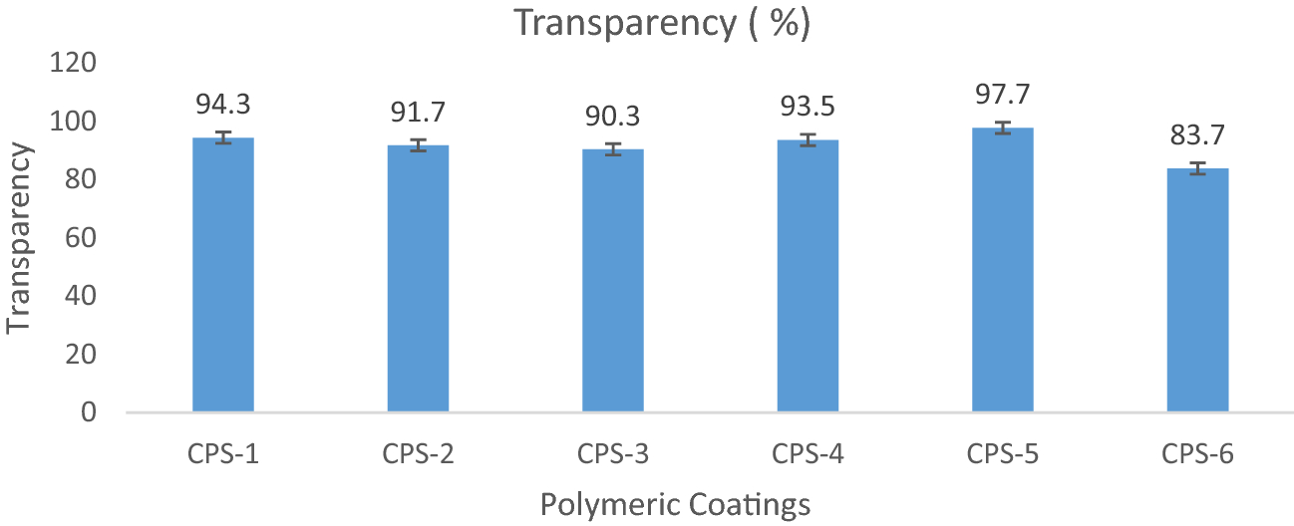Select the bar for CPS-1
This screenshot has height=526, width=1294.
(223, 274)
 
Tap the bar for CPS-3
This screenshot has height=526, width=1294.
(613, 280)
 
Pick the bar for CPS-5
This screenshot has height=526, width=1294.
(1003, 269)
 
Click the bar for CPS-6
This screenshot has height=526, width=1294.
(1197, 290)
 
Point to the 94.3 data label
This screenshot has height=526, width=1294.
(223, 103)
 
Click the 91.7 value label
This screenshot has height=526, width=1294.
(419, 111)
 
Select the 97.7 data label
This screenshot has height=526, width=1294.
(1003, 94)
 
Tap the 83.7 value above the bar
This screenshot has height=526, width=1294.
(1197, 134)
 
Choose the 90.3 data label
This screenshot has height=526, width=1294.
(613, 115)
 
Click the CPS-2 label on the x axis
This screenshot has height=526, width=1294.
(419, 455)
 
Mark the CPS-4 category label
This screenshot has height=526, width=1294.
(808, 455)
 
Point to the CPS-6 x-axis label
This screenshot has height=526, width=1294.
(1197, 455)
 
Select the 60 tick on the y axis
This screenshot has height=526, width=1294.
(81, 238)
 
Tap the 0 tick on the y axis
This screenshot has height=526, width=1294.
(90, 412)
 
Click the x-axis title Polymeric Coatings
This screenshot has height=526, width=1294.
(675, 506)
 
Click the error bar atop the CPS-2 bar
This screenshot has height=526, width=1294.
(419, 145)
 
